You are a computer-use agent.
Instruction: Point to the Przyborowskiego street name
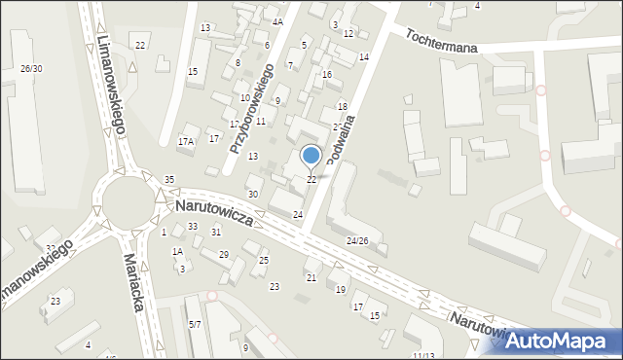coord(251,107)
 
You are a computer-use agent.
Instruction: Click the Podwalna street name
coord(343,135)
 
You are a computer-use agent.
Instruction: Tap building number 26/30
coord(30,68)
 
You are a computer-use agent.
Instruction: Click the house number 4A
coord(277,21)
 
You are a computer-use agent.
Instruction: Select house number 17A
coord(185,142)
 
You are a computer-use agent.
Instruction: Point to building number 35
coord(169,180)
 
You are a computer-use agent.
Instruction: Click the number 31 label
coord(216,232)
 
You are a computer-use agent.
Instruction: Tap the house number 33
coord(193,227)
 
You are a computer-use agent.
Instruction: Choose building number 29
coord(223,254)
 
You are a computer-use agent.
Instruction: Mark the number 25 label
coord(264,260)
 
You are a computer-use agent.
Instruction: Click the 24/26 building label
coord(358,240)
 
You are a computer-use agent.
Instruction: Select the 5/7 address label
coord(195,324)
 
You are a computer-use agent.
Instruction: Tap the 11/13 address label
coord(422,355)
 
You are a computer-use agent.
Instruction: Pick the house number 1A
coord(178,251)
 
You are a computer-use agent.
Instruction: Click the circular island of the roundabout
coord(126,205)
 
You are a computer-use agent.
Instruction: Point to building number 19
coord(341,290)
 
